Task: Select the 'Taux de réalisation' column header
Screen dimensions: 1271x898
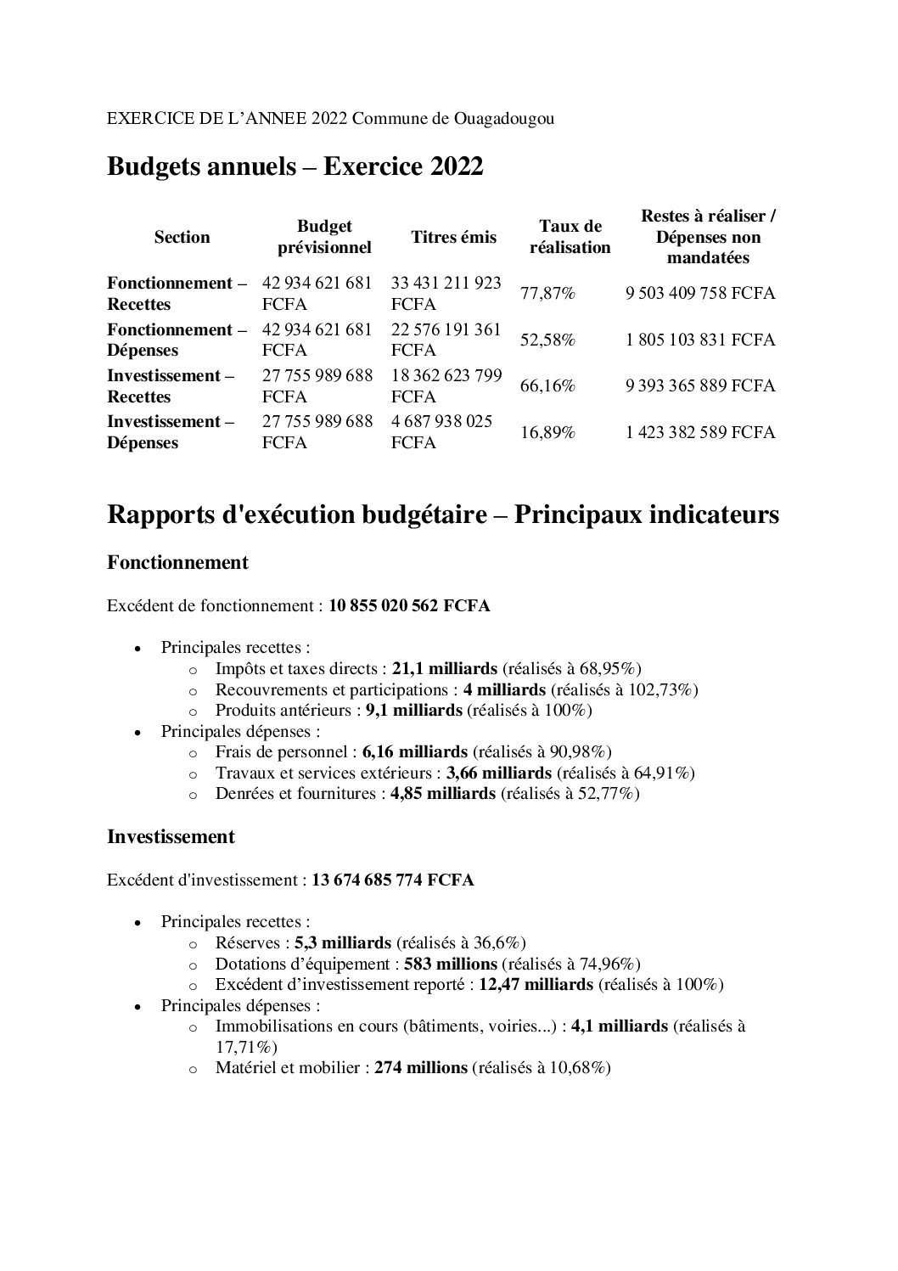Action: click(x=570, y=237)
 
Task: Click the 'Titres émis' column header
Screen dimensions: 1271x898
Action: click(x=453, y=237)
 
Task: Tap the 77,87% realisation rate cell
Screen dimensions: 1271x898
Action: click(x=547, y=294)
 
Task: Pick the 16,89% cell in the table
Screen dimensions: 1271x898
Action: click(x=547, y=432)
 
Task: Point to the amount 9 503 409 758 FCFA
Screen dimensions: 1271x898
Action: click(x=700, y=294)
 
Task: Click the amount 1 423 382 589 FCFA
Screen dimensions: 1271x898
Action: click(x=700, y=432)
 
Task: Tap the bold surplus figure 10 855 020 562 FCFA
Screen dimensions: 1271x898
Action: click(x=409, y=606)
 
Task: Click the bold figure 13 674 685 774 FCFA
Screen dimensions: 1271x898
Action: click(x=392, y=880)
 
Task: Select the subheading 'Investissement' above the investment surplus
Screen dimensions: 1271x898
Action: click(x=171, y=836)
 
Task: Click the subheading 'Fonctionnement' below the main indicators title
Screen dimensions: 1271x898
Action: click(x=177, y=562)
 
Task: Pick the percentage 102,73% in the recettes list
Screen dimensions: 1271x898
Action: click(x=665, y=689)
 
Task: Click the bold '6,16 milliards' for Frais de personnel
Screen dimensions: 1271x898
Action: click(x=414, y=752)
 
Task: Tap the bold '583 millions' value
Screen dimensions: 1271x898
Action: click(x=450, y=964)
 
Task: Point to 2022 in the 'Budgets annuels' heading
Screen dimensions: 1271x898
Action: click(x=456, y=167)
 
